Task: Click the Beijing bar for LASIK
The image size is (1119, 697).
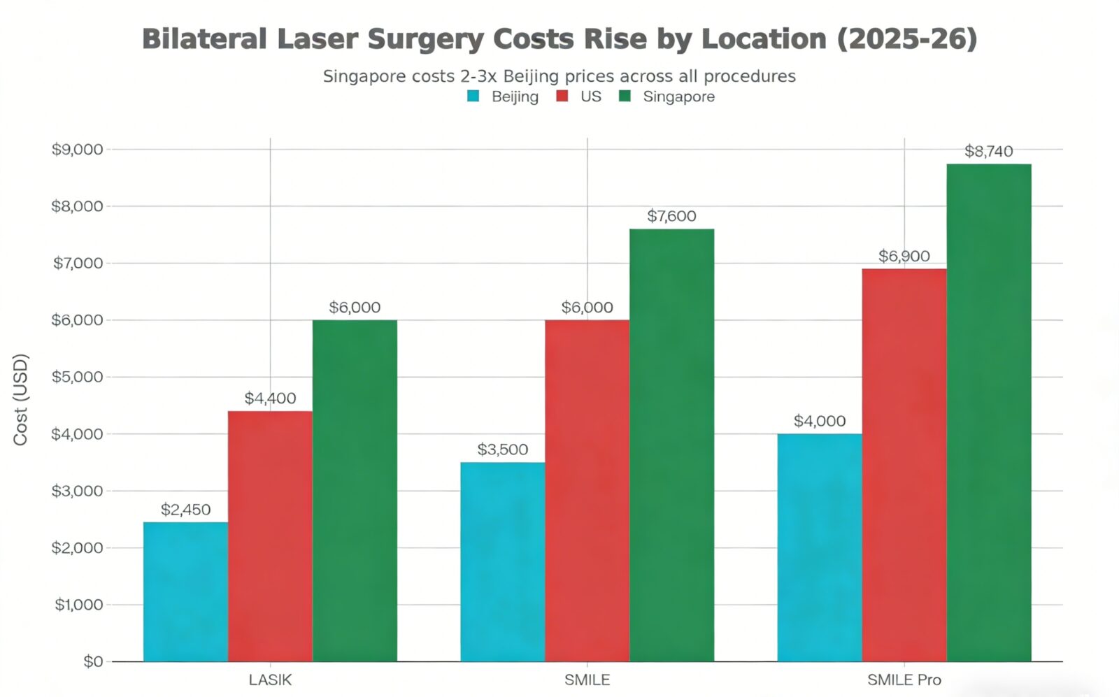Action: [x=185, y=591]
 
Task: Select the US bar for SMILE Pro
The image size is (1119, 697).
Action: [x=904, y=465]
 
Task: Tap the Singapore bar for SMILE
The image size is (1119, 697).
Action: [x=671, y=445]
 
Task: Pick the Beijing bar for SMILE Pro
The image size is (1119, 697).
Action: [x=819, y=547]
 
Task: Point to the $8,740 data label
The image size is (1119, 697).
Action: [x=988, y=151]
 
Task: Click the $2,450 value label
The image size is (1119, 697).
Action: [x=185, y=510]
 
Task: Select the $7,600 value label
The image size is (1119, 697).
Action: [x=671, y=216]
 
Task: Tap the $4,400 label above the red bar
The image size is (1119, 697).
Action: [x=270, y=398]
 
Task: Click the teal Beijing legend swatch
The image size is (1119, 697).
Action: [x=473, y=96]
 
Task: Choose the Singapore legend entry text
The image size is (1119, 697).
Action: [x=678, y=96]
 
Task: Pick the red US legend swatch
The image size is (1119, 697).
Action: [x=562, y=96]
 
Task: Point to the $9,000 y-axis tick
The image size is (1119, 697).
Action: [x=77, y=149]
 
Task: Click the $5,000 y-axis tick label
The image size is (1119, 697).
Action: [x=77, y=377]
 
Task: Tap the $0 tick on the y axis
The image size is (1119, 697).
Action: [x=92, y=661]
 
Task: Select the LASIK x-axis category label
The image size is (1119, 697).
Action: [x=270, y=680]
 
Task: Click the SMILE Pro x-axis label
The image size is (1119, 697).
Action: [x=904, y=680]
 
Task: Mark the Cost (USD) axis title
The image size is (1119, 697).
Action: [x=20, y=399]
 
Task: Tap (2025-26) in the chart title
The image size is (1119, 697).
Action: [x=906, y=39]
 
